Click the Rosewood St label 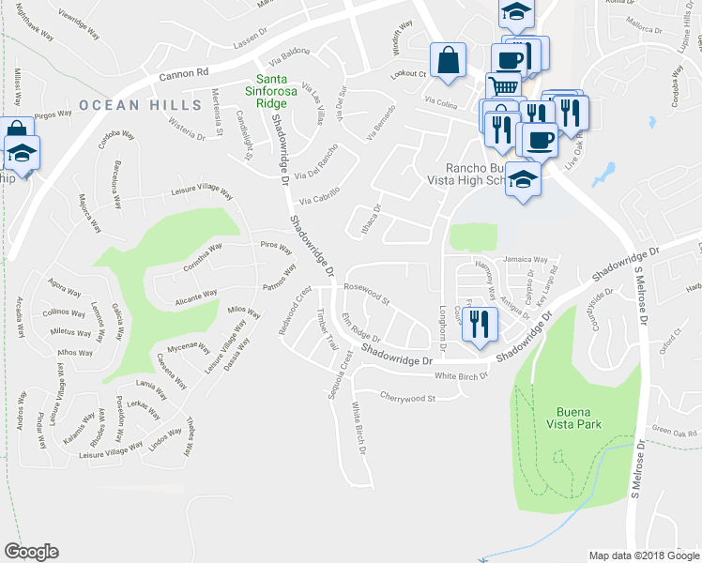[x=367, y=294]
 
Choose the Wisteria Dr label [x=187, y=129]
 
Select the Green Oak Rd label [x=674, y=433]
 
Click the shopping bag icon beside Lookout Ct [x=449, y=60]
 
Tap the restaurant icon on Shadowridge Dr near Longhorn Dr [x=481, y=324]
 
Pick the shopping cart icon [x=504, y=87]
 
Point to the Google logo [x=32, y=552]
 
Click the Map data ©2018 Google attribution [x=643, y=555]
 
